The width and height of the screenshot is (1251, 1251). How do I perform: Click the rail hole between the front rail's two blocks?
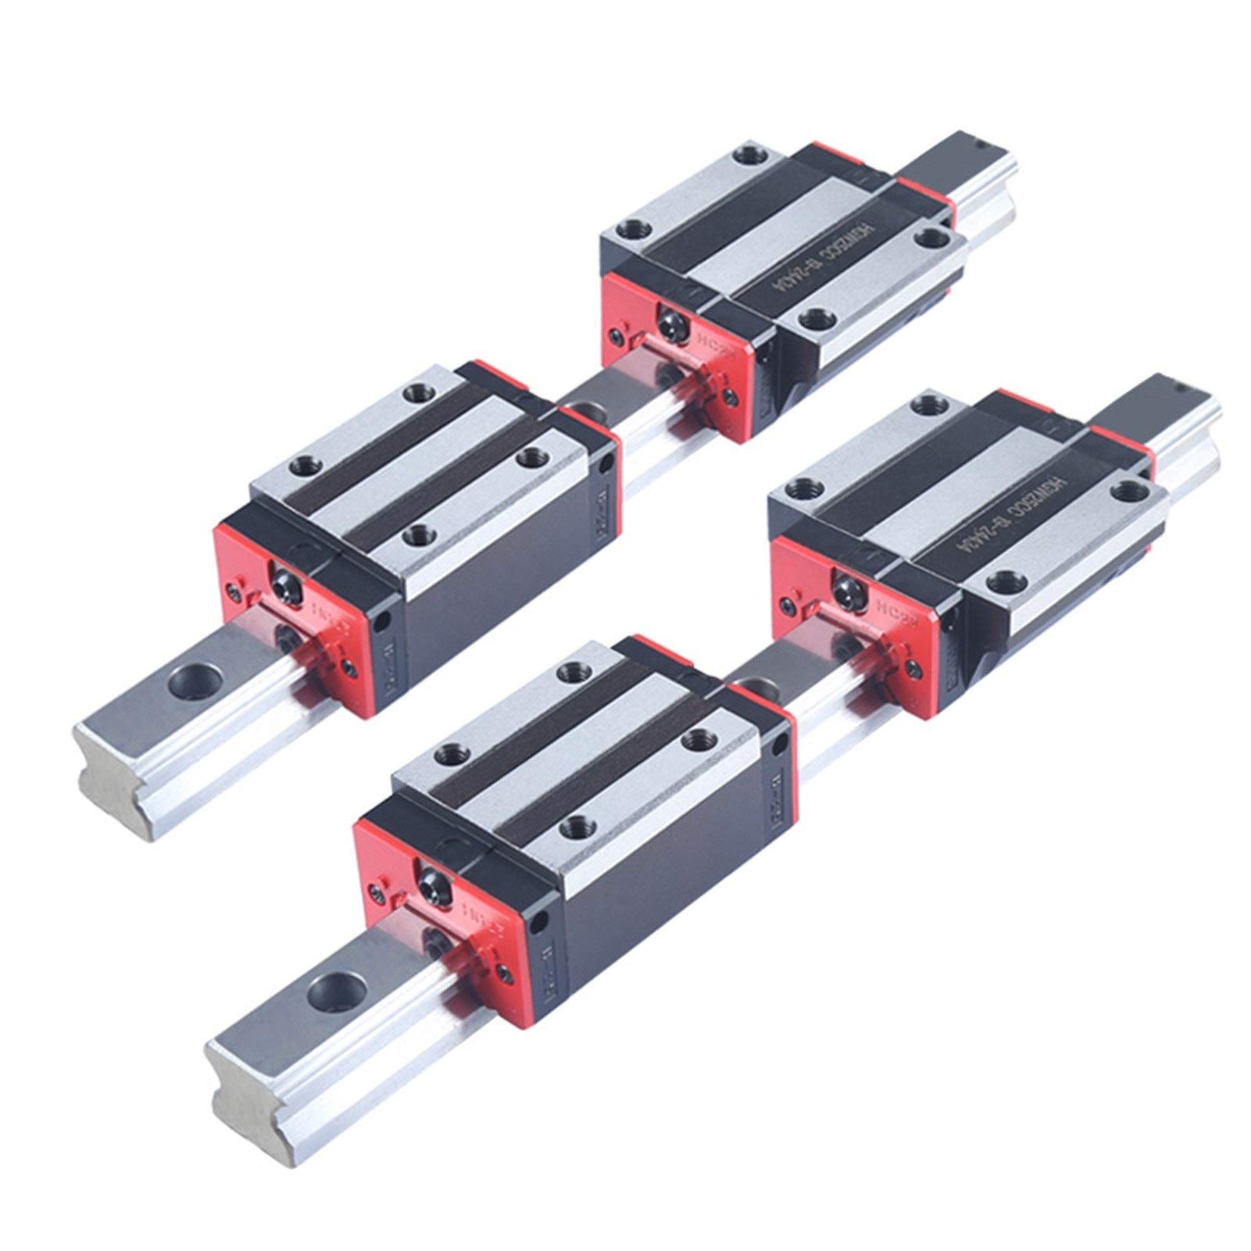pos(749,688)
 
